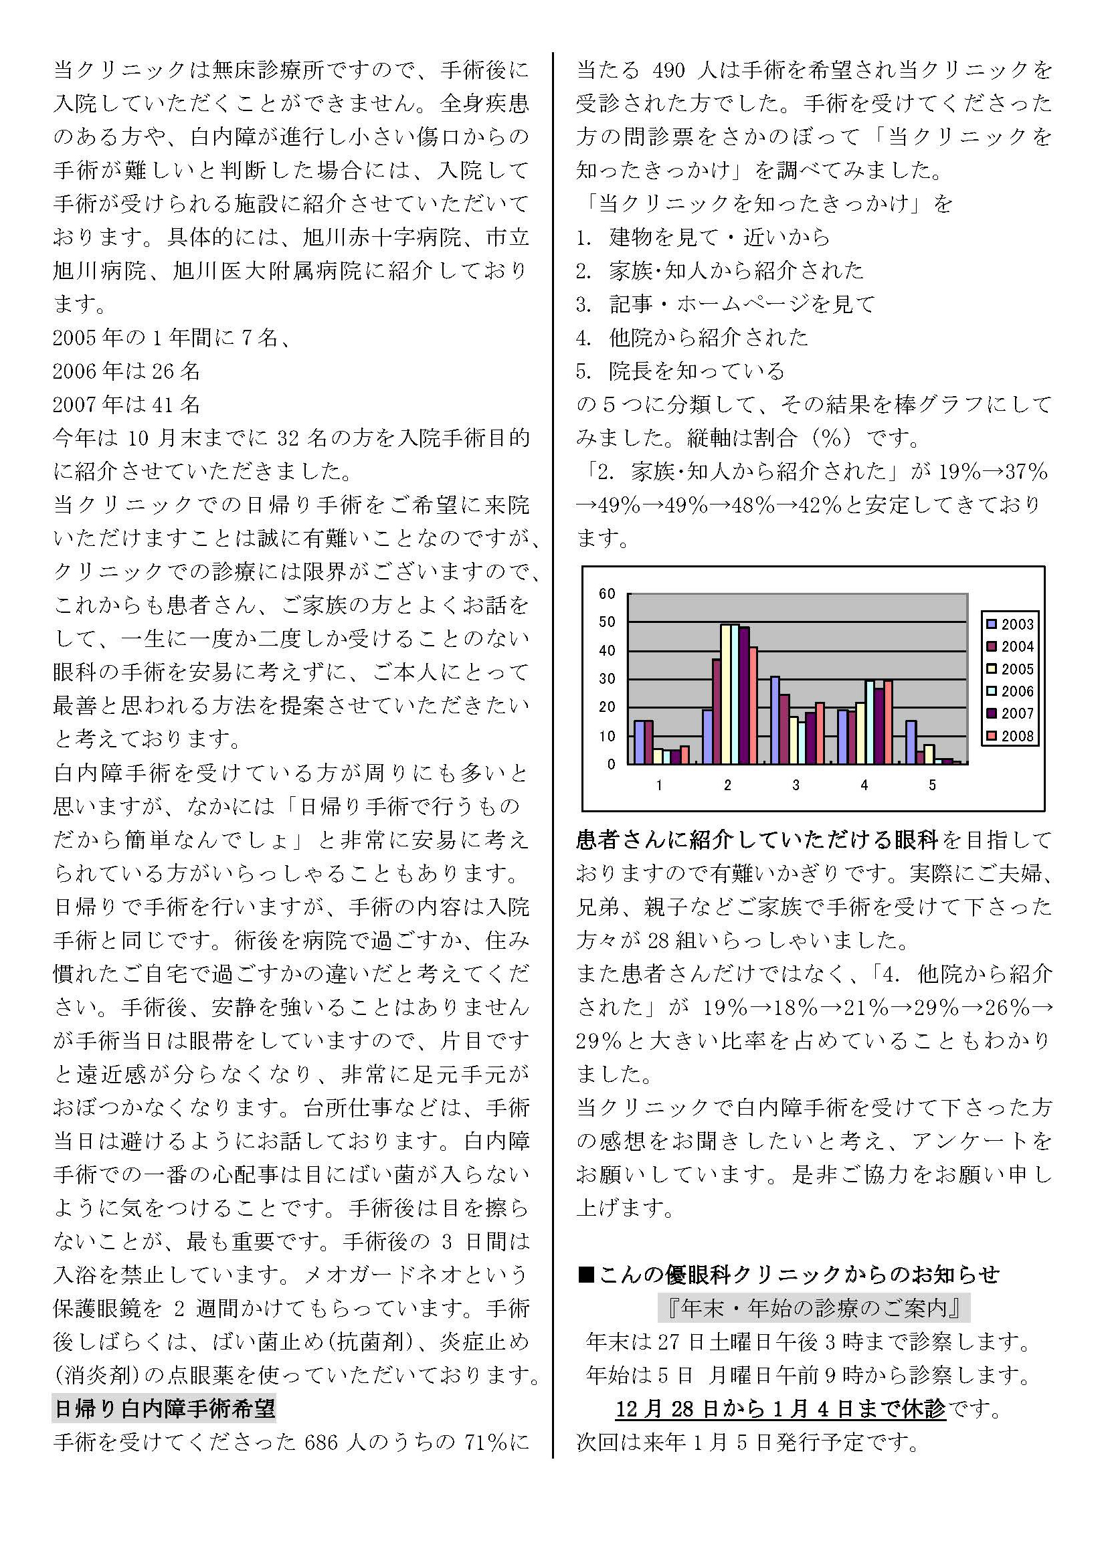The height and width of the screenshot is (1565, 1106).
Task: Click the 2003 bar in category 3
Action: [x=775, y=720]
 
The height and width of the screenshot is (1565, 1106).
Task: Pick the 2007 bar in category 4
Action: [x=879, y=726]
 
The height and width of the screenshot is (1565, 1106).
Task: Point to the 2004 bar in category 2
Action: [x=716, y=711]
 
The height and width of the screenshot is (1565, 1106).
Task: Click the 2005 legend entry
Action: [x=1009, y=669]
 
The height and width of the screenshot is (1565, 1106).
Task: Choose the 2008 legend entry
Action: [x=1009, y=736]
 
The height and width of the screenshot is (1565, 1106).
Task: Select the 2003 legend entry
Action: [x=1009, y=624]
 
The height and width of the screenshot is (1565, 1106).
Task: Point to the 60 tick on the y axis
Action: [x=606, y=593]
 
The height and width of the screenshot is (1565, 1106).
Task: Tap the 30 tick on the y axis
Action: [x=606, y=679]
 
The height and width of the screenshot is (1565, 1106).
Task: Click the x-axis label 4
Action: [x=864, y=786]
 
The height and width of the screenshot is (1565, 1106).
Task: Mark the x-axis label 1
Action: [x=659, y=786]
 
